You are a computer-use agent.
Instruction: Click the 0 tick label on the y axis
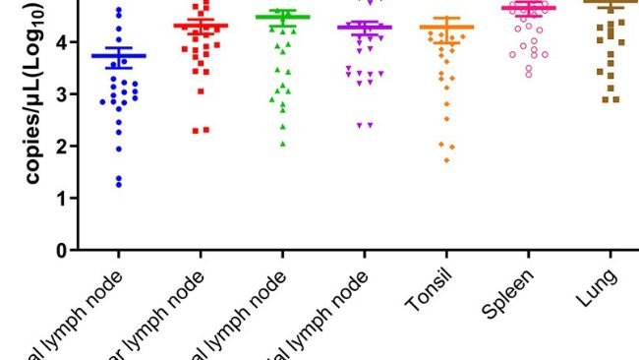click(62, 250)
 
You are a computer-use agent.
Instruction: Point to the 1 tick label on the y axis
click(62, 198)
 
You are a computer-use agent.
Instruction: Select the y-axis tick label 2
click(62, 146)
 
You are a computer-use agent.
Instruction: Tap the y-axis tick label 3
click(62, 94)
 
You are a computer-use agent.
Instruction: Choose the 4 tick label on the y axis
click(62, 42)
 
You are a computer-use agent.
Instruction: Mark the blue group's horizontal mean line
click(119, 56)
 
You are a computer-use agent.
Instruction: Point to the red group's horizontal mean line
click(201, 26)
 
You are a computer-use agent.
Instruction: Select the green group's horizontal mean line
click(283, 17)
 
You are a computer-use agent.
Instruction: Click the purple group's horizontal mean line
click(365, 28)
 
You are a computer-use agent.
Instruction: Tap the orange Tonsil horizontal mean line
click(446, 28)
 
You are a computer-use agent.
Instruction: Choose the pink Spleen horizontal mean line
click(528, 8)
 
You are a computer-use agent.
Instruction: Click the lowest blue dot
click(119, 184)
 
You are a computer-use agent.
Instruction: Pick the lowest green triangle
click(283, 144)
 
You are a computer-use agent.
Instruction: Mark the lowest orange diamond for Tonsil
click(447, 159)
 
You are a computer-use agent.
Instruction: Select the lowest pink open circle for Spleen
click(528, 74)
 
